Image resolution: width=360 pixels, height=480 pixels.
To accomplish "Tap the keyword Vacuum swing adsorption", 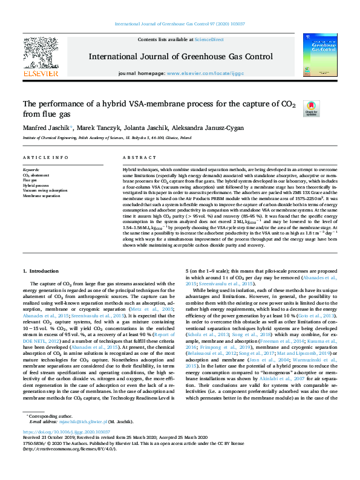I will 45,190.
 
